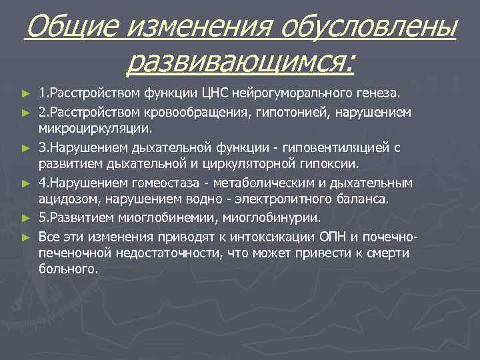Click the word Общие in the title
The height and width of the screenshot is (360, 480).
pos(70,29)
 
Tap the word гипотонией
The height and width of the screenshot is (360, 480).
pos(269,110)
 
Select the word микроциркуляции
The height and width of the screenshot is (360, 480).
pos(86,127)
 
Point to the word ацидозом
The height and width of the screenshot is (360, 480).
pos(65,200)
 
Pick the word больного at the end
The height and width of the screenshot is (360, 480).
pos(68,271)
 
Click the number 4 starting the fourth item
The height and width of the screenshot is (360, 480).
pos(42,183)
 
